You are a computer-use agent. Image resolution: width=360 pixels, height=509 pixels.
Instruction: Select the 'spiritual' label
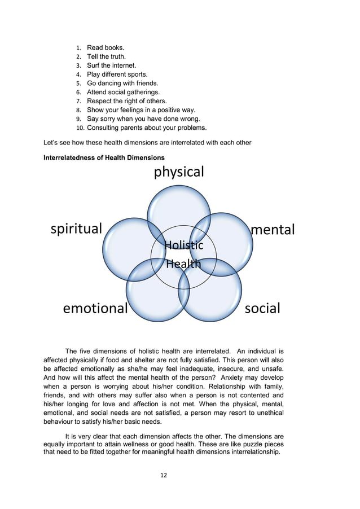[76, 229]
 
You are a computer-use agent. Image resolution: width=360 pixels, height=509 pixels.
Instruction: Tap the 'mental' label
[273, 230]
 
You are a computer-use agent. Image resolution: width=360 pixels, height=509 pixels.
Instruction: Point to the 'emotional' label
[95, 309]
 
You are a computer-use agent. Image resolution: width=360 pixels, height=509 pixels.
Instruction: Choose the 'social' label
[262, 308]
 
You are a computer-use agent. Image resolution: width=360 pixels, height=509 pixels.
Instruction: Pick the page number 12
[164, 475]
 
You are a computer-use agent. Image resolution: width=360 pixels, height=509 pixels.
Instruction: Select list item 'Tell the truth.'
[106, 56]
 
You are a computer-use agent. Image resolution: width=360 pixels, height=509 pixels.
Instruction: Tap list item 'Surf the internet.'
[111, 65]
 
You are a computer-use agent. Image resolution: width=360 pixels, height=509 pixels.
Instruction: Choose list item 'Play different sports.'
[117, 74]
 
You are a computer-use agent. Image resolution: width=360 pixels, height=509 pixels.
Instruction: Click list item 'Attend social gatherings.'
[123, 92]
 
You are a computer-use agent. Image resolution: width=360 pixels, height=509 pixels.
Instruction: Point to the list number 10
[79, 128]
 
